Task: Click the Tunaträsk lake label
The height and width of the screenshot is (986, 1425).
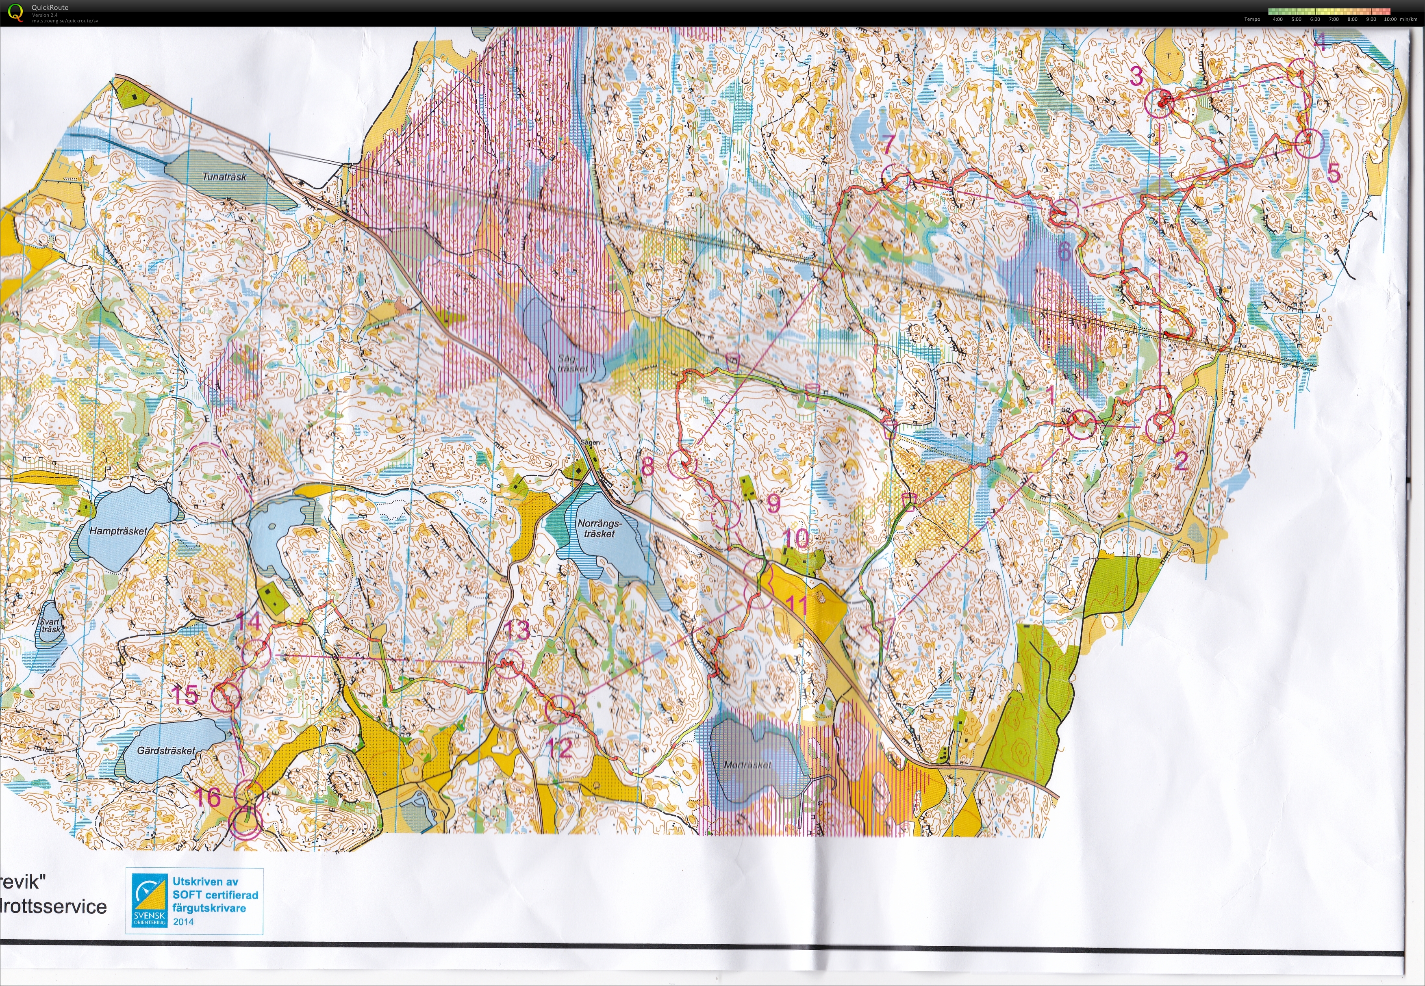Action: [x=224, y=177]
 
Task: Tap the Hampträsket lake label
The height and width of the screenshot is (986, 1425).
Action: [x=118, y=531]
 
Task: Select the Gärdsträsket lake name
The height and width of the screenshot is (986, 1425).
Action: [x=165, y=751]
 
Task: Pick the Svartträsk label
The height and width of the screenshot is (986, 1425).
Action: [x=50, y=626]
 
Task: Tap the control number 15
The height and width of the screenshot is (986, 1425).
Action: [x=184, y=695]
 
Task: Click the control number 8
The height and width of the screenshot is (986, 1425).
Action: [x=647, y=465]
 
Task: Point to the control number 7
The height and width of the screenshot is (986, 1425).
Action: [x=888, y=144]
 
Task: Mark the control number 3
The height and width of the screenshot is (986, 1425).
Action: [x=1136, y=76]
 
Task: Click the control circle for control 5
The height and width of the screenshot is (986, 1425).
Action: [x=1307, y=143]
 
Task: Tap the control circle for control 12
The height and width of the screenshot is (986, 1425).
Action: [x=560, y=709]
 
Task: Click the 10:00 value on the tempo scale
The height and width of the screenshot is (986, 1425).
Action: [x=1390, y=19]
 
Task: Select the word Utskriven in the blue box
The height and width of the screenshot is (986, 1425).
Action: [x=196, y=882]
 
